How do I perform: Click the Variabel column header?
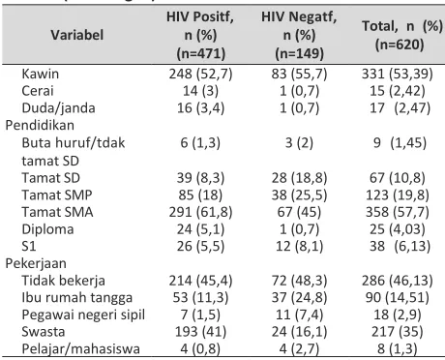coord(77,35)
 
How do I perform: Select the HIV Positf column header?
coord(200,35)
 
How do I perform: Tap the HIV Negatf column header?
coord(299,35)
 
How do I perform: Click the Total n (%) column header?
coord(402,35)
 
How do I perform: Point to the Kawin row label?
coord(41,74)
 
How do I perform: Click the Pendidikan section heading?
coord(40,125)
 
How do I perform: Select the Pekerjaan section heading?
coord(36,263)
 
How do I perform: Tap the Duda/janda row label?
coord(58,108)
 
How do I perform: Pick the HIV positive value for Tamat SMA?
coord(200,212)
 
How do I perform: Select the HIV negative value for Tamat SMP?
coord(299,195)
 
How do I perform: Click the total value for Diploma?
coord(398,229)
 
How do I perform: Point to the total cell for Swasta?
coord(398,332)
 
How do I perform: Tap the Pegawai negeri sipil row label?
coord(83,315)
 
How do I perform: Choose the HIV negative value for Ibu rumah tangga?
coord(299,297)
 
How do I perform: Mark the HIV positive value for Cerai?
coord(200,91)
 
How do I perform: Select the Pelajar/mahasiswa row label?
coord(80,349)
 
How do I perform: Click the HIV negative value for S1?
coord(299,247)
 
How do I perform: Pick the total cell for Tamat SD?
coord(398,178)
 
